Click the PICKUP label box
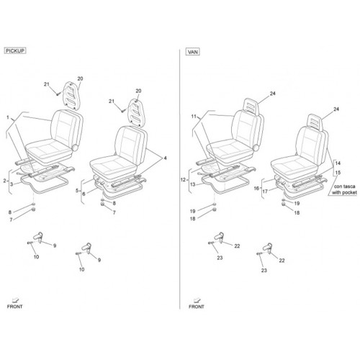(x=15, y=51)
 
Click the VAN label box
(x=193, y=52)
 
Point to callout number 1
(x=8, y=117)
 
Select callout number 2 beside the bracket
(x=4, y=181)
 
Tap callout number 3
(x=12, y=184)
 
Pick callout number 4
(x=165, y=158)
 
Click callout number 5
(x=77, y=191)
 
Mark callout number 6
(x=84, y=194)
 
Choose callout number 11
(x=194, y=117)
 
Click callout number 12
(x=183, y=179)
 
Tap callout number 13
(x=193, y=184)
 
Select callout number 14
(x=338, y=163)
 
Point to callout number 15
(x=338, y=173)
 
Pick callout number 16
(x=256, y=188)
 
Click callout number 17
(x=265, y=192)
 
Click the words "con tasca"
(x=344, y=186)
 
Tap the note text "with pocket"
(x=344, y=192)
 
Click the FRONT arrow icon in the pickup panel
(x=16, y=300)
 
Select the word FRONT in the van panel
(x=197, y=307)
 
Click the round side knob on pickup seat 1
(x=76, y=148)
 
